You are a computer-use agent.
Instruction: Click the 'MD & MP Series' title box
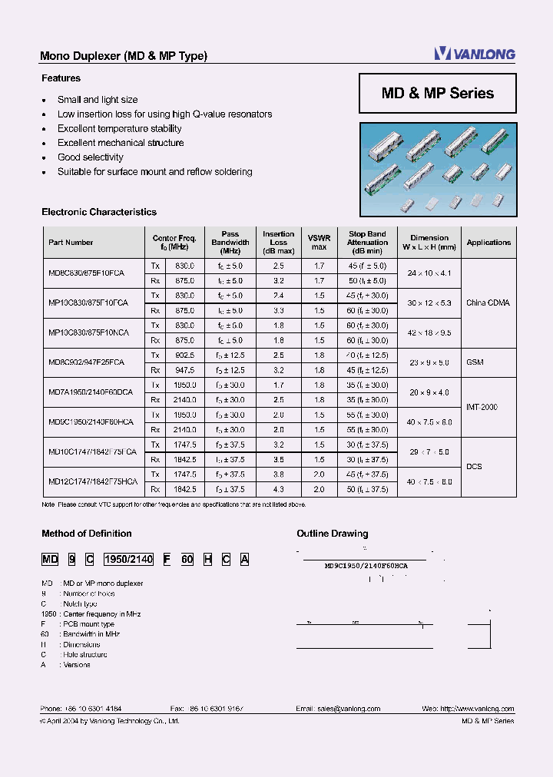437,93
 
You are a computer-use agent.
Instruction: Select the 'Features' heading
61,78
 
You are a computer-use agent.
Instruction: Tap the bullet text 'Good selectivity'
91,157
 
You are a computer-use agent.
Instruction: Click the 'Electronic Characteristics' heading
99,212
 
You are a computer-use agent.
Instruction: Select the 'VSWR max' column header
319,243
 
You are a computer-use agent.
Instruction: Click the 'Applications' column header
488,243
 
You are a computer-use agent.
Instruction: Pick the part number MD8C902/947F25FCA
86,362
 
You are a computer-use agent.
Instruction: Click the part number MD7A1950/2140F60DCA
91,392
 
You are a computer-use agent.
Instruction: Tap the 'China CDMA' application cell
488,303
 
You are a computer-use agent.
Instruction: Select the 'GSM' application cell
474,362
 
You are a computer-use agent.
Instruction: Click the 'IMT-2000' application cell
482,407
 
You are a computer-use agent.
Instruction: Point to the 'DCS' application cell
474,466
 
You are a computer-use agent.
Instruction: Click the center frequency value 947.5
185,369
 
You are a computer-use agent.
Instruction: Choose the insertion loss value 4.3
278,489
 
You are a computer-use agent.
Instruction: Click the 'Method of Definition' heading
86,534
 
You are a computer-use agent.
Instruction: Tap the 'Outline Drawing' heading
332,534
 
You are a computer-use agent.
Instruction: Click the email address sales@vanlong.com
343,709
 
